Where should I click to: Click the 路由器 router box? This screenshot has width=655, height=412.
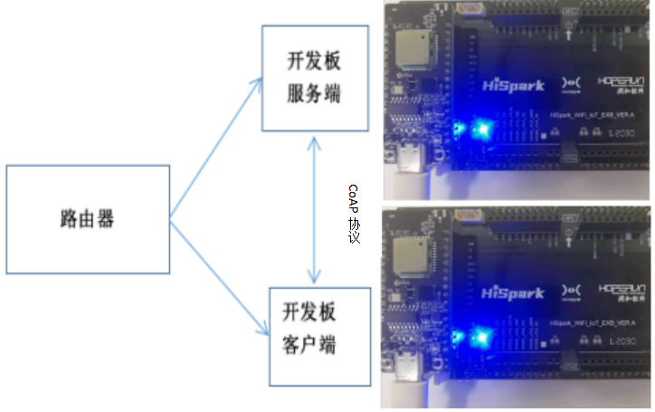tap(88, 218)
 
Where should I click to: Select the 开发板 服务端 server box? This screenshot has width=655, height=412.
tap(315, 79)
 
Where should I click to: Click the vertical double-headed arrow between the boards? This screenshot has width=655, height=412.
tap(314, 209)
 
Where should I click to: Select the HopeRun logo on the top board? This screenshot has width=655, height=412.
tap(622, 86)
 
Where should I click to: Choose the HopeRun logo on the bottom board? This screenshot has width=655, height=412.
tap(622, 292)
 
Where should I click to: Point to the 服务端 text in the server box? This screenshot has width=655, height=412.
tap(315, 93)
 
